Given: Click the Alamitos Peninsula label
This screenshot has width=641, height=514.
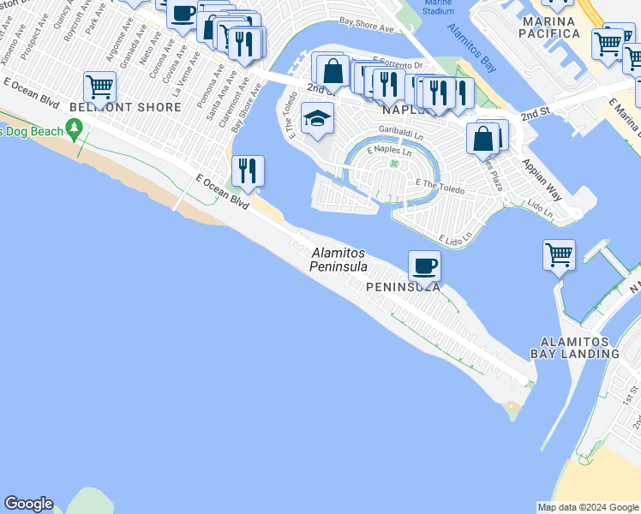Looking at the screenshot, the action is [338, 260].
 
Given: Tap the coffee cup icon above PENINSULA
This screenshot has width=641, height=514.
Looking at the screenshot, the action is [424, 266].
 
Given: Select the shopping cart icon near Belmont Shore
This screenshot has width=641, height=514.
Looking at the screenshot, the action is [99, 87].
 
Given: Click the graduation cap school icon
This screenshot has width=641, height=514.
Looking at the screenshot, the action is [317, 120].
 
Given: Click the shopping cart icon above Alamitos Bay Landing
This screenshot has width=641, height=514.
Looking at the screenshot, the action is [559, 254].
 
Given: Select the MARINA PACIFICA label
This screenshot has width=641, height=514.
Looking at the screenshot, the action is [560, 27].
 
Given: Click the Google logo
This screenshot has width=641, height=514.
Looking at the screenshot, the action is [28, 504].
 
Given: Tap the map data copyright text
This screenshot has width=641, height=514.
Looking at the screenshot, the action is [588, 507].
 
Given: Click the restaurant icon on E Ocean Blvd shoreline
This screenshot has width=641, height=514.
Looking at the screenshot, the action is [247, 170].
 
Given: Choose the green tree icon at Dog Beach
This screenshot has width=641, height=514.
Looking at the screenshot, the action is [75, 130].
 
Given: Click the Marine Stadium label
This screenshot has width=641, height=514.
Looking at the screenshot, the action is [438, 7].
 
